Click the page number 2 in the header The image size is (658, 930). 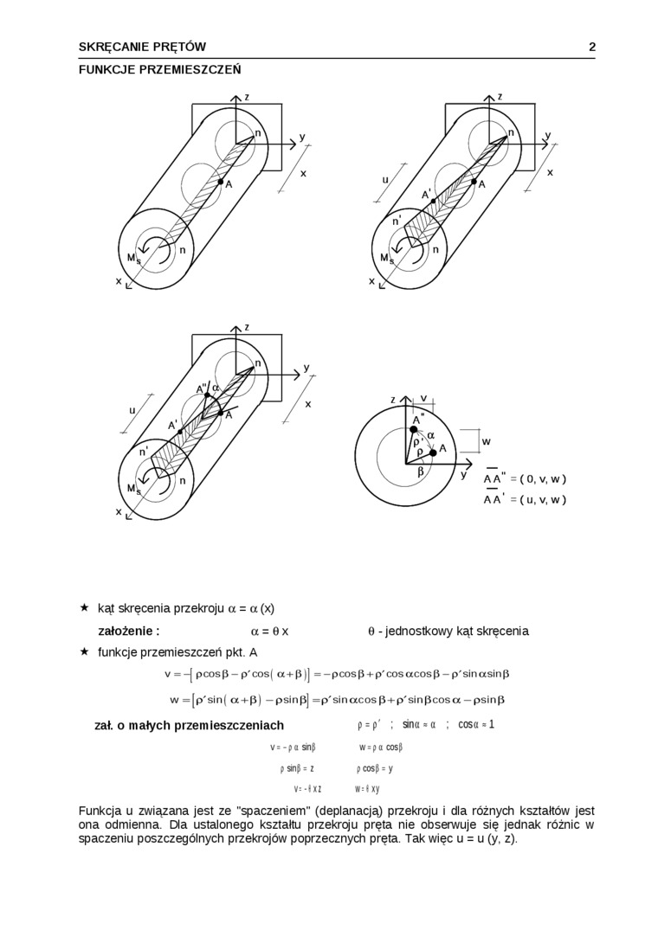click(592, 47)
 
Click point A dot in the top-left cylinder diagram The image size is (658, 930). click(220, 182)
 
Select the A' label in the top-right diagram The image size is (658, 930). click(426, 195)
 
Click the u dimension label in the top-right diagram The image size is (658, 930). click(386, 181)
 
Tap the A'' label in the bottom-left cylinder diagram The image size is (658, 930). click(201, 388)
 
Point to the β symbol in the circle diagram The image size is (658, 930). click(421, 471)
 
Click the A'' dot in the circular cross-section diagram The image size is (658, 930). click(413, 430)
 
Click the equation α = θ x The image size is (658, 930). click(269, 631)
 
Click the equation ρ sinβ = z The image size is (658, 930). click(296, 767)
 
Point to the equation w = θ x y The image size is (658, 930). click(367, 788)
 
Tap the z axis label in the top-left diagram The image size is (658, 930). click(247, 97)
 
